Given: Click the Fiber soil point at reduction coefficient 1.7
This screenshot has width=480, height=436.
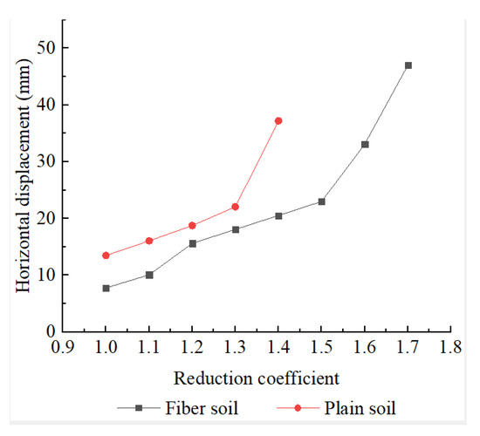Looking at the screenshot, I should (408, 65).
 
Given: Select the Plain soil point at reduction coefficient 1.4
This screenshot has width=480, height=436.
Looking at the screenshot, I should (278, 120).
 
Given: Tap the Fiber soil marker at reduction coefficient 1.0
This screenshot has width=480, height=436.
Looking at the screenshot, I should (106, 288).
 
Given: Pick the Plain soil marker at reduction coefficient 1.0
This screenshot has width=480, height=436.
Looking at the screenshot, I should (106, 255).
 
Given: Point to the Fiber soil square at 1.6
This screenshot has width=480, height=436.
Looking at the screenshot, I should (365, 144).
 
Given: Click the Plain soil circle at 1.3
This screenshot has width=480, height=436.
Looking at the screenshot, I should (236, 207).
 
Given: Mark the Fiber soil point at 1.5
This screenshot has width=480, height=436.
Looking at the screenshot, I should (321, 201).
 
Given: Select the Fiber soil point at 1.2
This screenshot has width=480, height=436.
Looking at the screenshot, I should (192, 243).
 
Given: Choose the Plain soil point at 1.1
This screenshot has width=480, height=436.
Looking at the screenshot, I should (149, 241).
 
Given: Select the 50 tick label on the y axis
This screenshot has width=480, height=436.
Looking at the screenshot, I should (45, 48).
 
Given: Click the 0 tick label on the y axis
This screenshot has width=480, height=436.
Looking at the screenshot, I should (50, 331).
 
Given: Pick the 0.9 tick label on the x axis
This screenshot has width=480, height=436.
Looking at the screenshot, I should (63, 347).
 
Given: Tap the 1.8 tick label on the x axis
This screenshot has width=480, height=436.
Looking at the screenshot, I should (450, 347).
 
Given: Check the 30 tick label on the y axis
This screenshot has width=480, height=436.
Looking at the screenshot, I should (45, 161).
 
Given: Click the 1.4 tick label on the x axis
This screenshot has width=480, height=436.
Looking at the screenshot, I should (278, 347).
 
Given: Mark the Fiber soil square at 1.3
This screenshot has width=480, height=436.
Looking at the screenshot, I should (236, 229).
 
